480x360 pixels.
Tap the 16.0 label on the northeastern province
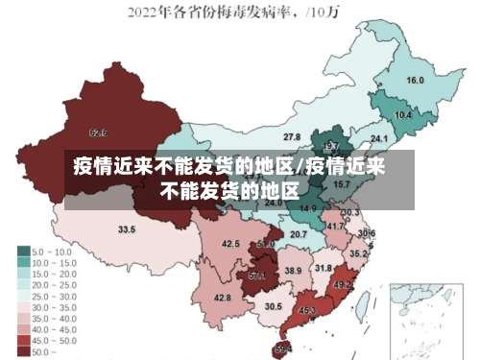pos(416,81)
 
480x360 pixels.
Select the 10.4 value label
pos(403,115)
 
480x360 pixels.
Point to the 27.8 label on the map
pos(292,137)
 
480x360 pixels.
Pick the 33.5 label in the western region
pos(127,229)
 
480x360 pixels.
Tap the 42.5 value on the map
pos(230,244)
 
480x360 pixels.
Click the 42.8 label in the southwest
pos(222,299)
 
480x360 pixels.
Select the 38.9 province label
pos(293,272)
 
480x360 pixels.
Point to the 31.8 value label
pos(324,268)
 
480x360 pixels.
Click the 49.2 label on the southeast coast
pos(342,285)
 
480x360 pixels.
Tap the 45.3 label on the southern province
pos(307,310)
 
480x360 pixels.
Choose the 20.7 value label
pos(299,234)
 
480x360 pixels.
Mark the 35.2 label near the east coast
pos(357,254)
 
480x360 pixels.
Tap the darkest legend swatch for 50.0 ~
pos(23,351)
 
